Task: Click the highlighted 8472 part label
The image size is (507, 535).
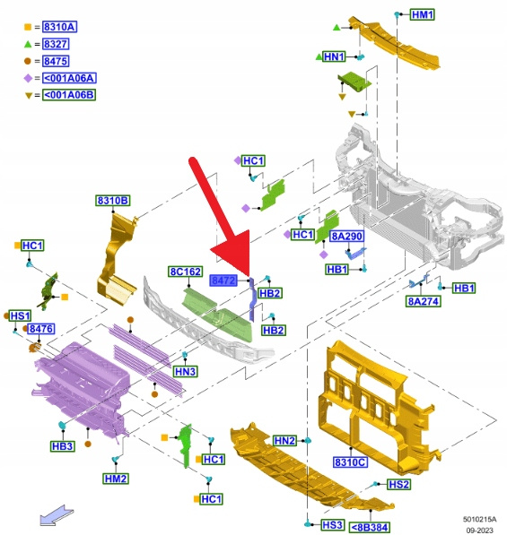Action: (223, 280)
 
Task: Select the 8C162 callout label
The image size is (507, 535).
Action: (186, 272)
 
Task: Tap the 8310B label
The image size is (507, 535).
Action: (113, 200)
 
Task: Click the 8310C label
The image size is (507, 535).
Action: (350, 462)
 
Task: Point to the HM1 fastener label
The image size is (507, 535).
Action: (423, 14)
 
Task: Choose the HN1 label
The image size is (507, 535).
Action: (334, 56)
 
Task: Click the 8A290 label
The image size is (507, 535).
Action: (346, 236)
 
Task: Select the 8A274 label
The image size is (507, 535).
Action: (423, 301)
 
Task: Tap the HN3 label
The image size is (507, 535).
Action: (185, 371)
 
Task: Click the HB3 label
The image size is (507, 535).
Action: (63, 446)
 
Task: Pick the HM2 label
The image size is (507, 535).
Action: (116, 479)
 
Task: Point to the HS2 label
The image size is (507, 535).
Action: (399, 484)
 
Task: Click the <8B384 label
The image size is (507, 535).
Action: (370, 527)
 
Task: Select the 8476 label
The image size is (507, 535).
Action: (40, 329)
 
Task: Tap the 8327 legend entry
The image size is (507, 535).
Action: (56, 44)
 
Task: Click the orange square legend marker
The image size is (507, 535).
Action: (28, 27)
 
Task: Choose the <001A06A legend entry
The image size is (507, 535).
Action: (69, 78)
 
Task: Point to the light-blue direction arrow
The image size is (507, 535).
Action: (57, 515)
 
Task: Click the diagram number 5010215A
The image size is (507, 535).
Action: (480, 519)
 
